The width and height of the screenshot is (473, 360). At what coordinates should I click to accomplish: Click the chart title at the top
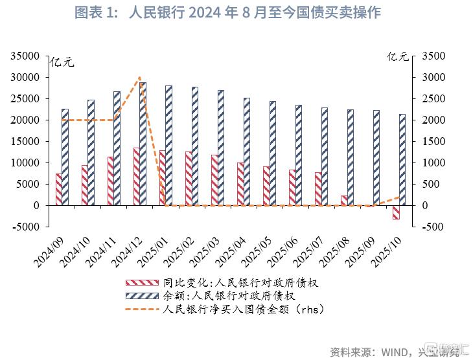pyautogui.click(x=236, y=12)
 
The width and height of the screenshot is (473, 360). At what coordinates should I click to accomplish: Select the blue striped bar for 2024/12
pyautogui.click(x=143, y=144)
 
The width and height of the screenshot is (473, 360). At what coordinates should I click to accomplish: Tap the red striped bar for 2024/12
pyautogui.click(x=136, y=176)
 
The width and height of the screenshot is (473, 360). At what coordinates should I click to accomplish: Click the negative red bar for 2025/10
pyautogui.click(x=395, y=212)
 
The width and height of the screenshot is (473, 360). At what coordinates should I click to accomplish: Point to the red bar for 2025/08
pyautogui.click(x=343, y=200)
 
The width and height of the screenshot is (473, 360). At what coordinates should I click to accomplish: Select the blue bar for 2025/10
pyautogui.click(x=402, y=159)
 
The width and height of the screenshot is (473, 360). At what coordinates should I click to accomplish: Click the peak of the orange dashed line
pyautogui.click(x=139, y=78)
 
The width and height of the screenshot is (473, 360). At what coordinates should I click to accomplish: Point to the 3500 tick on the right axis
pyautogui.click(x=433, y=56)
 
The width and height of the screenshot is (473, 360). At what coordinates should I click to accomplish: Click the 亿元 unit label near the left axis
pyautogui.click(x=62, y=62)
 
